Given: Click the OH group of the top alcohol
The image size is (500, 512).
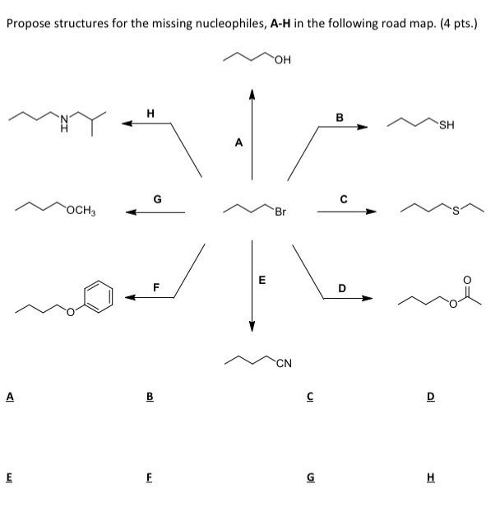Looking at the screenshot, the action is coord(285,59).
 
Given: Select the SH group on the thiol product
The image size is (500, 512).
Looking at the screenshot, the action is coord(447,125).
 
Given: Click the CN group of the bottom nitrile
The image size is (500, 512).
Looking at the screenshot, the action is coord(285,363).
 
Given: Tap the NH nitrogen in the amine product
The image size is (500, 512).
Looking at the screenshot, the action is coord(62,124).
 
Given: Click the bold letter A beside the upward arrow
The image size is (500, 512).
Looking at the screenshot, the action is coord(238,142).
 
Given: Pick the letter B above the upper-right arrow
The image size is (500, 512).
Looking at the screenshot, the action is coord(339,117).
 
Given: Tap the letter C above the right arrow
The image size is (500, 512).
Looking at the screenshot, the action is coord(344,198).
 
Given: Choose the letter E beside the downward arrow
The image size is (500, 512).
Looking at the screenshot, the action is coord(262,280).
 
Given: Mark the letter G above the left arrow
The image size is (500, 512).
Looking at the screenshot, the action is coord(156,198).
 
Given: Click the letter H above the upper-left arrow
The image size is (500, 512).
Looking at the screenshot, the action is coord(149,112).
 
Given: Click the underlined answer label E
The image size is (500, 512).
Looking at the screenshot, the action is coord(10,475).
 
